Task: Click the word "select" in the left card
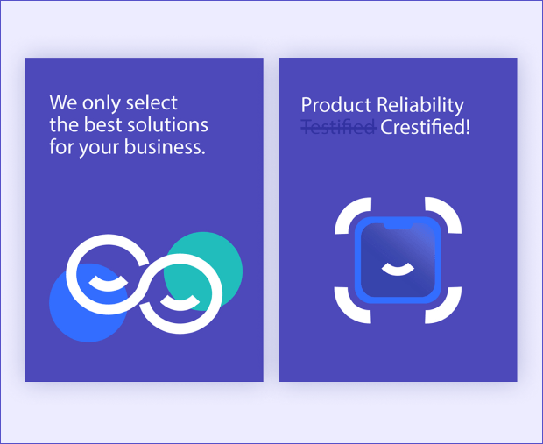point(152,102)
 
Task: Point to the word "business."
point(165,146)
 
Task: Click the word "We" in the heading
point(63,102)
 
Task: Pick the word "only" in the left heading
point(102,103)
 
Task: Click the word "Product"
point(336,104)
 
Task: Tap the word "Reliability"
point(420,105)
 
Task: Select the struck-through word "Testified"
point(339,127)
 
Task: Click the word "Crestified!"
point(426,127)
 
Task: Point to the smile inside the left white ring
point(109,285)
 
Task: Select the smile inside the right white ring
point(180,303)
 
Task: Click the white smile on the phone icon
point(398,270)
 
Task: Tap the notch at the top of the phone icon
point(398,226)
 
